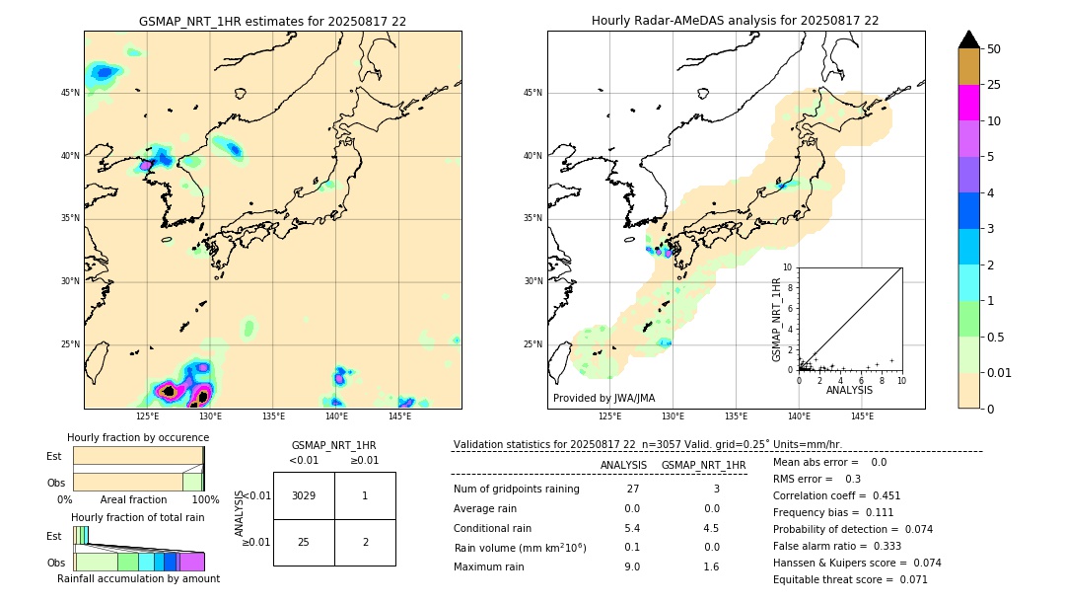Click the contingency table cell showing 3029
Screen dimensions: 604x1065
point(304,495)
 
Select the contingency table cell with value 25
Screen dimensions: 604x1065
point(304,542)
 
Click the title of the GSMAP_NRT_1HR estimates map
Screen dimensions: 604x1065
point(272,21)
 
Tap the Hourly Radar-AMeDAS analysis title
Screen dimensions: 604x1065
point(735,21)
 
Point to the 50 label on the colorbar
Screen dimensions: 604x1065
point(994,49)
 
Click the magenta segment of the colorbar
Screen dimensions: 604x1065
point(968,103)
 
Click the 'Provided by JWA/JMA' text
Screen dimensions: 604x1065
point(603,398)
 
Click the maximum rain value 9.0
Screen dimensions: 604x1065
point(632,566)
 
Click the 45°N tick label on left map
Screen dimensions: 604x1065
point(70,93)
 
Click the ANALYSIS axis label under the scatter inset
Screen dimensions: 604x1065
point(849,391)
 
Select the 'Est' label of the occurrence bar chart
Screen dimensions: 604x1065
point(53,456)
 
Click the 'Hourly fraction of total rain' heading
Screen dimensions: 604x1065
point(138,518)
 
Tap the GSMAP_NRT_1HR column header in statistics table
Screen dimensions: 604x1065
point(703,465)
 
